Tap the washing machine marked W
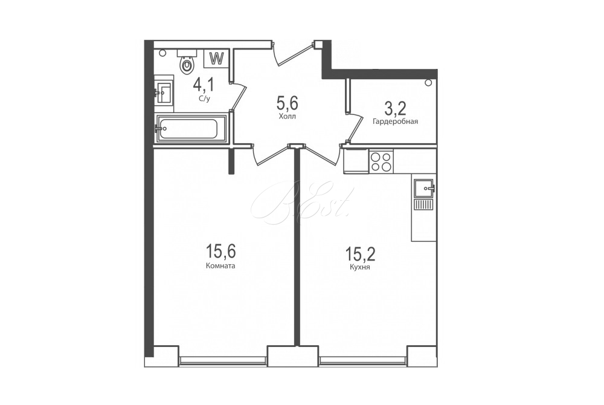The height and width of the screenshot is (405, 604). [217, 59]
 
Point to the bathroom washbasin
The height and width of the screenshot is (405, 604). [164, 91]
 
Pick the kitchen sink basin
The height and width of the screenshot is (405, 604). [424, 189]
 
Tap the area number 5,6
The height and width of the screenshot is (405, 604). [288, 103]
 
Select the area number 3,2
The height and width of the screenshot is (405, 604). [396, 109]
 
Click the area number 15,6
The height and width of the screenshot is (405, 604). [220, 251]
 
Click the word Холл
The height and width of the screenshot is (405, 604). [288, 117]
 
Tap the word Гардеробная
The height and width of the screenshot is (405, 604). [395, 121]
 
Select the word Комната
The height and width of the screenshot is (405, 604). [220, 266]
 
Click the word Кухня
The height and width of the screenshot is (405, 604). [360, 267]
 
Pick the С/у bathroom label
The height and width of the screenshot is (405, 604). [205, 99]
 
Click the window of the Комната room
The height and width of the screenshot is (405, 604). [223, 360]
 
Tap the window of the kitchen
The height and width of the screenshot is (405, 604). [363, 360]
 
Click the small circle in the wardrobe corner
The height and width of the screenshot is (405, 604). [428, 82]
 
